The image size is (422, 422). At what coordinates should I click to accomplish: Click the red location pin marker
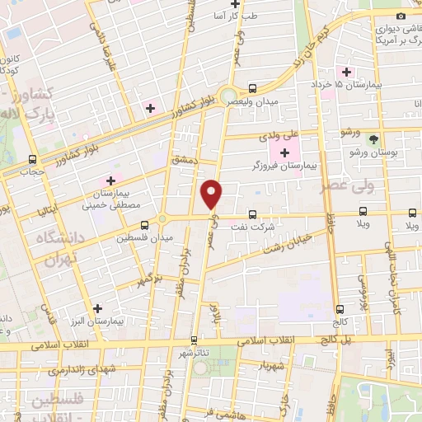tap(213, 193)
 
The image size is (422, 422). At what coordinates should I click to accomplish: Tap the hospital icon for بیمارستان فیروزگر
tap(285, 152)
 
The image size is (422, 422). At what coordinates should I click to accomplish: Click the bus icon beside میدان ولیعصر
tap(252, 88)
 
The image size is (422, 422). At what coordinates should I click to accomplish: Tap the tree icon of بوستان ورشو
tap(373, 138)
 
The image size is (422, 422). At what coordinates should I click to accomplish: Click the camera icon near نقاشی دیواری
tap(401, 16)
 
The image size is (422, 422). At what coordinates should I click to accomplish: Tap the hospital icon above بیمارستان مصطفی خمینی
tap(110, 181)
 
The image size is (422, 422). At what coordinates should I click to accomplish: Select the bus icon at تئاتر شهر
tap(195, 340)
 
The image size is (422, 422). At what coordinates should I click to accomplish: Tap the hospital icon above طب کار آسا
tap(234, 3)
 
